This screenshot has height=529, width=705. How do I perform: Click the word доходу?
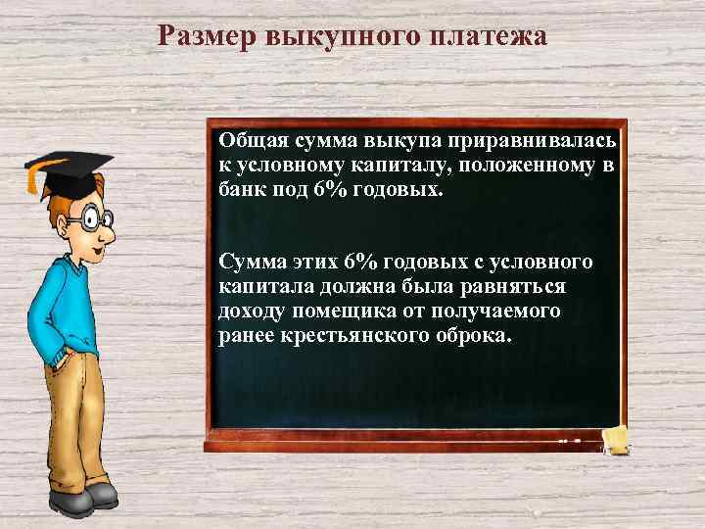(249, 313)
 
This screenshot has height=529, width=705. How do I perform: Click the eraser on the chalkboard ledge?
(618, 438)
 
